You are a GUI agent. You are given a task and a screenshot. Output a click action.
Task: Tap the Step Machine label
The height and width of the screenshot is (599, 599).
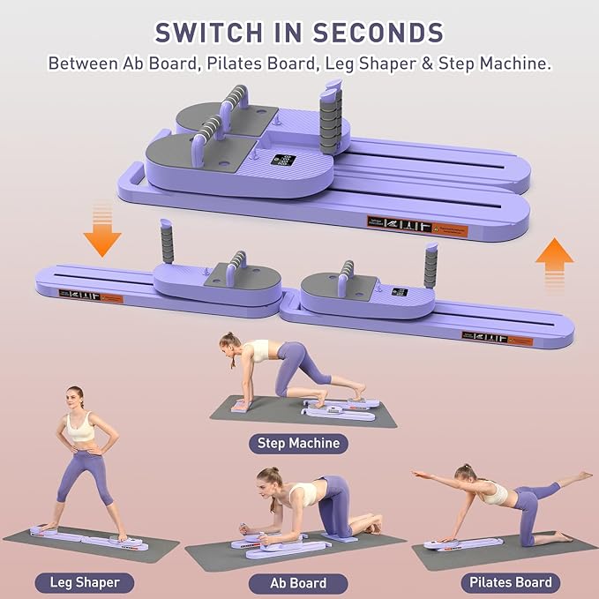297,443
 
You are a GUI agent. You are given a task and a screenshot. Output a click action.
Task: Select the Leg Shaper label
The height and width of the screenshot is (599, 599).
78,582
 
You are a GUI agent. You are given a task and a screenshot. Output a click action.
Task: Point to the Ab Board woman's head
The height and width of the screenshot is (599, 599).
267,480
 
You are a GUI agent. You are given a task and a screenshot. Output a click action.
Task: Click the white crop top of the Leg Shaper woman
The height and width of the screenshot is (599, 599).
80,431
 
